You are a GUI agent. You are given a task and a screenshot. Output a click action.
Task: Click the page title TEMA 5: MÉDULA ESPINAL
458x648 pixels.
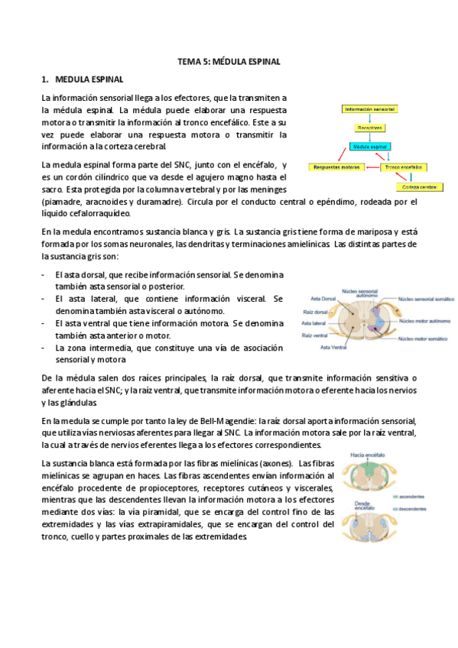coord(229,61)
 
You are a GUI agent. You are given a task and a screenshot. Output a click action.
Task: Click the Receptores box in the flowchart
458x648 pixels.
coord(369,128)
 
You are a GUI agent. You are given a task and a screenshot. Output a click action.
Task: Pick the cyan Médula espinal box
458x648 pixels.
coord(370,146)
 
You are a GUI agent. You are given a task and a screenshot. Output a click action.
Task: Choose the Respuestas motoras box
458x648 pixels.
coord(334,166)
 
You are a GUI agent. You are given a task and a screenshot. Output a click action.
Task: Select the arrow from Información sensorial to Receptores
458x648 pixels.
coord(369,118)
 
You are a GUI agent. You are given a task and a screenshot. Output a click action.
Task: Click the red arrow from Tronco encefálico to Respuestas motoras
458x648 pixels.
coord(370,166)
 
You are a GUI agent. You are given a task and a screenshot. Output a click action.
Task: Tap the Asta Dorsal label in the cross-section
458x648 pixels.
coord(322,298)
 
